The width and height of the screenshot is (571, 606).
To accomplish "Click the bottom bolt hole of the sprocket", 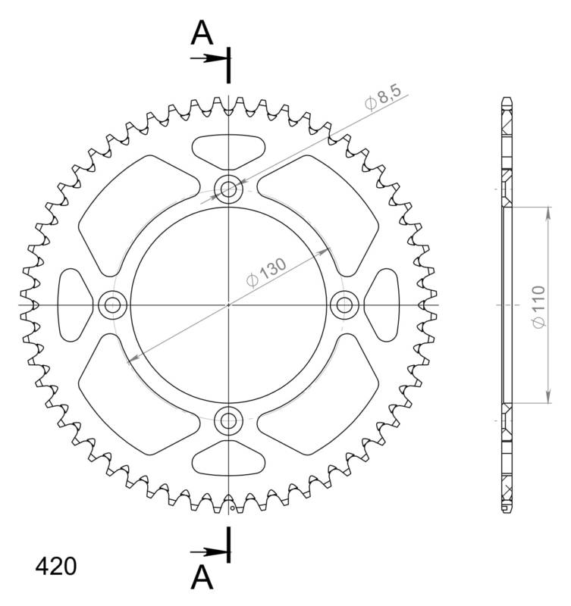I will click(228, 420).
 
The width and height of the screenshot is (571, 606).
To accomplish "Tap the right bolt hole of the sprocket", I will click(344, 305).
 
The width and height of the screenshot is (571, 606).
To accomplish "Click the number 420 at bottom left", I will click(55, 567).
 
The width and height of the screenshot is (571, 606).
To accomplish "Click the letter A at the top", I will click(201, 33).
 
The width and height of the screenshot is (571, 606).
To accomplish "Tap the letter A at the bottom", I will click(201, 577).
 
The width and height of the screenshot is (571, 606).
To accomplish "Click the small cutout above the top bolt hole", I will click(228, 150).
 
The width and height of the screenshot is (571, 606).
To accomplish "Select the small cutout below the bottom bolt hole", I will click(228, 460).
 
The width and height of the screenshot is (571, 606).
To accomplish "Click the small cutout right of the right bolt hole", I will click(383, 305).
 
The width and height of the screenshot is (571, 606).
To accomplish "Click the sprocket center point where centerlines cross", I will click(228, 305).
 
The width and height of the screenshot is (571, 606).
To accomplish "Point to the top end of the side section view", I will click(506, 102).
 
